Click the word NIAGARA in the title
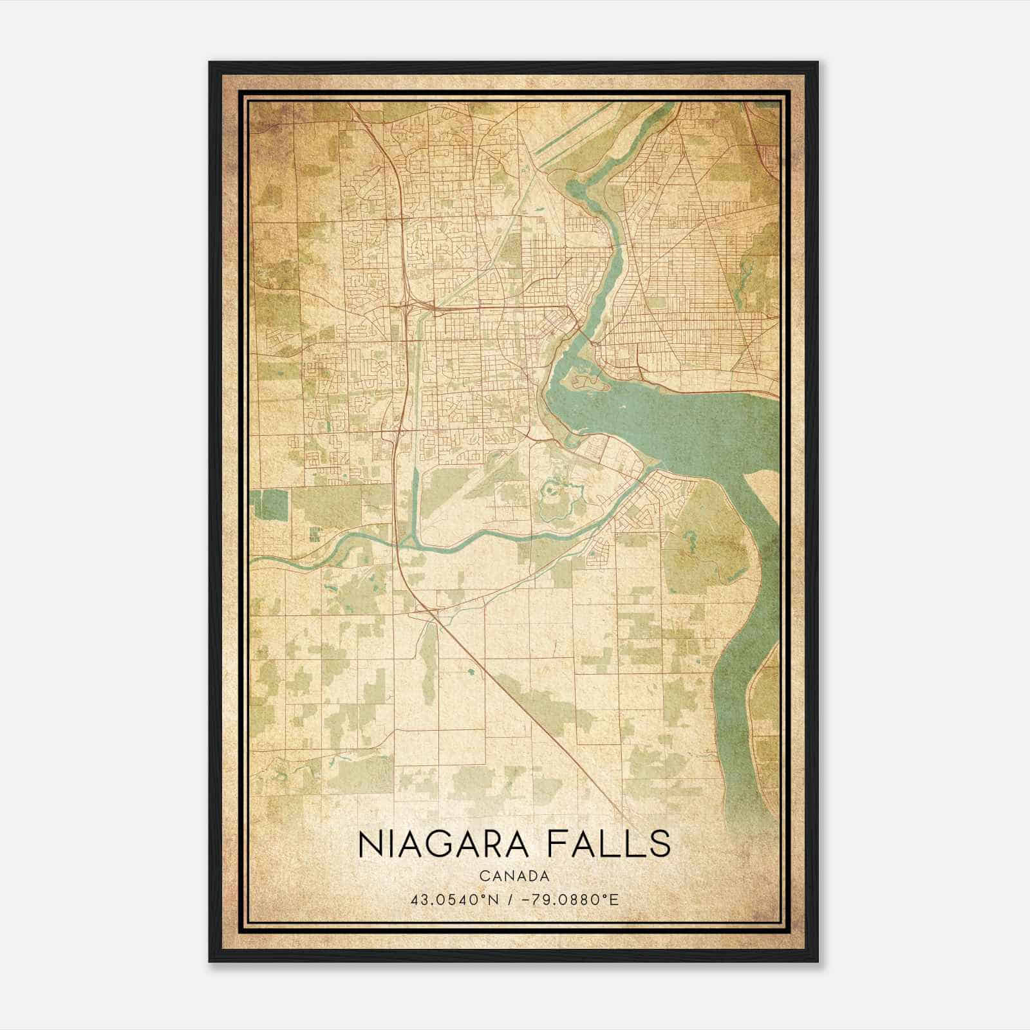[x=438, y=844]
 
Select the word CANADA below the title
[x=514, y=876]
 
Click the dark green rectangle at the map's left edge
[x=270, y=504]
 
